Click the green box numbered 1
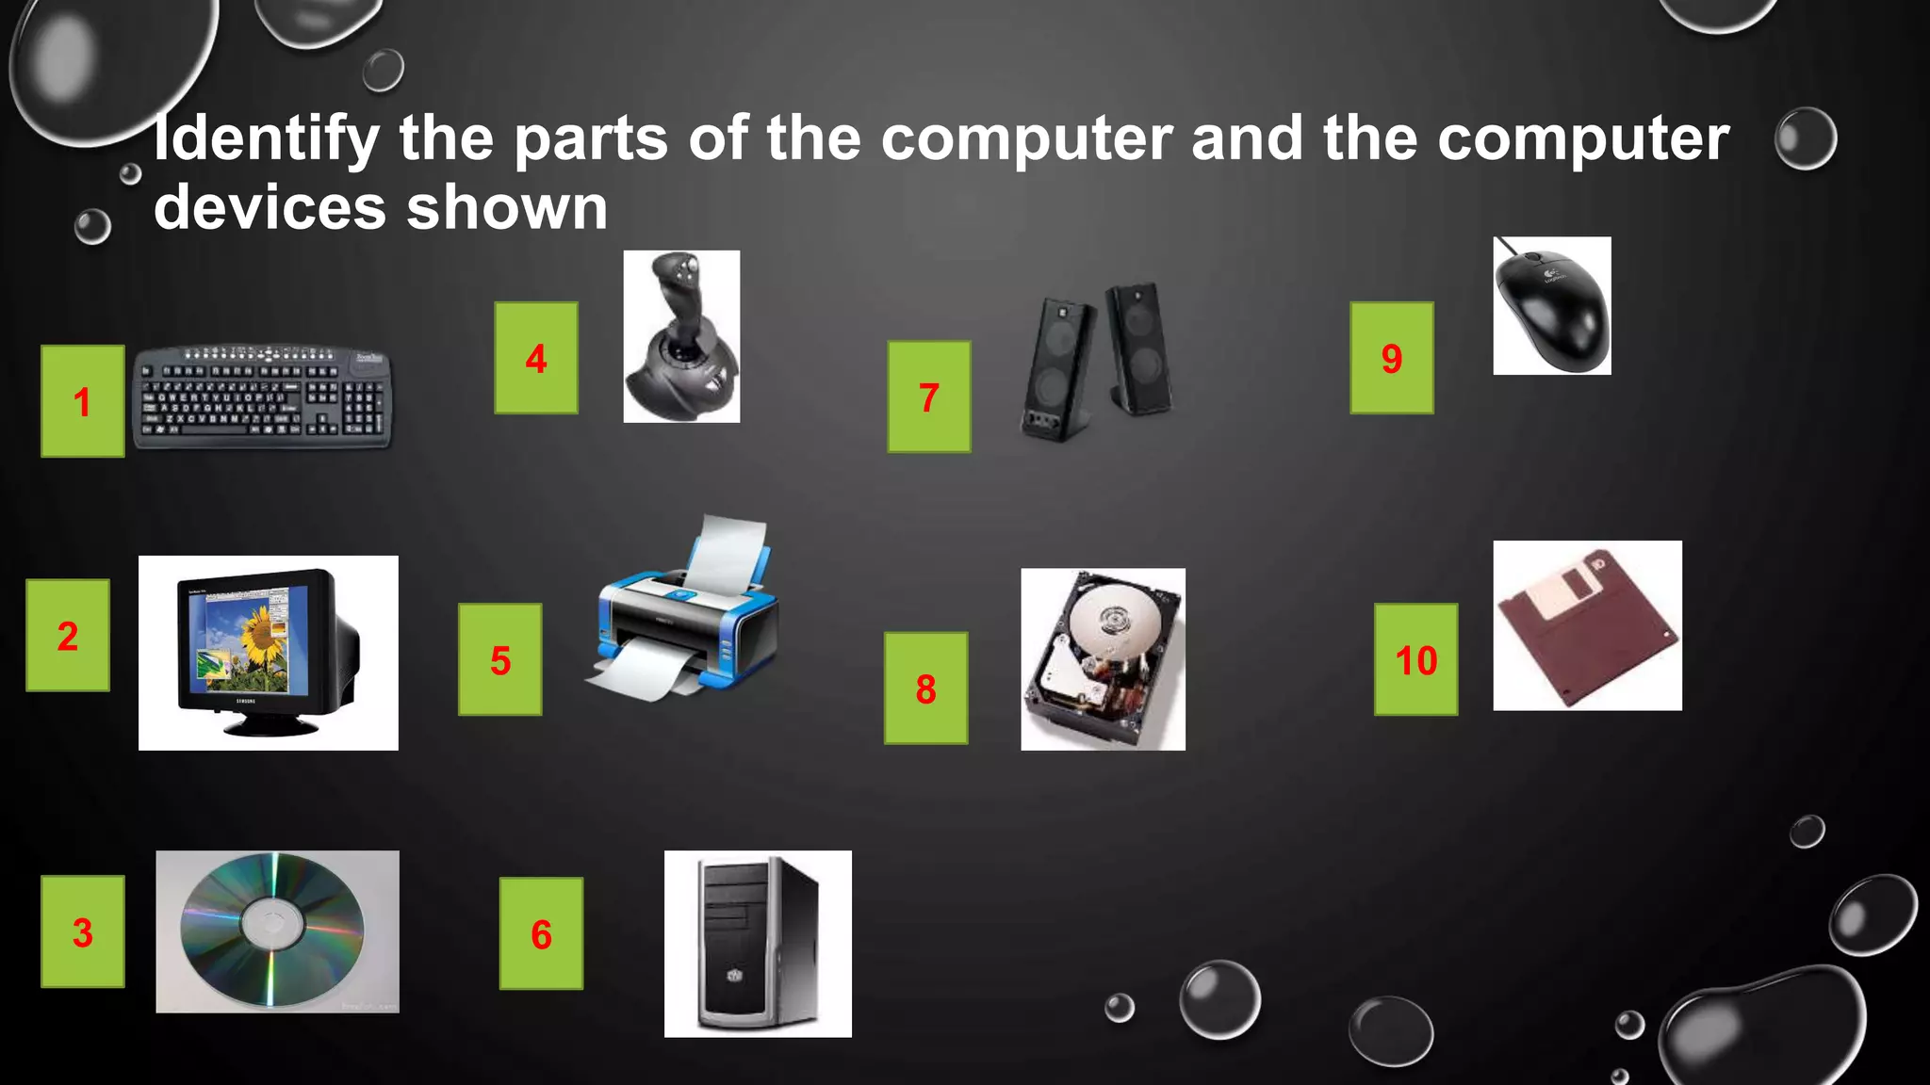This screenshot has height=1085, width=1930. (82, 401)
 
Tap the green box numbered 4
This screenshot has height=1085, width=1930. (536, 358)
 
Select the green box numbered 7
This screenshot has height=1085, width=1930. (928, 397)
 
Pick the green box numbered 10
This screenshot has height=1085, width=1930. (1415, 659)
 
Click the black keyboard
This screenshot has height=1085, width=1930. (262, 397)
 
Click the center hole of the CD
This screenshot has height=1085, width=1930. (273, 923)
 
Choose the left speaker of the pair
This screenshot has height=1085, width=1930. (1058, 367)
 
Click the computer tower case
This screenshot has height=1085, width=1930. (757, 944)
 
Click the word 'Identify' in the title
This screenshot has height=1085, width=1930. (267, 139)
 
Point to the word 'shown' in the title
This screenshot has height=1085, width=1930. (507, 208)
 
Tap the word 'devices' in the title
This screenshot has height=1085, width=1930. (270, 208)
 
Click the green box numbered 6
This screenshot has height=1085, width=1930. (541, 933)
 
